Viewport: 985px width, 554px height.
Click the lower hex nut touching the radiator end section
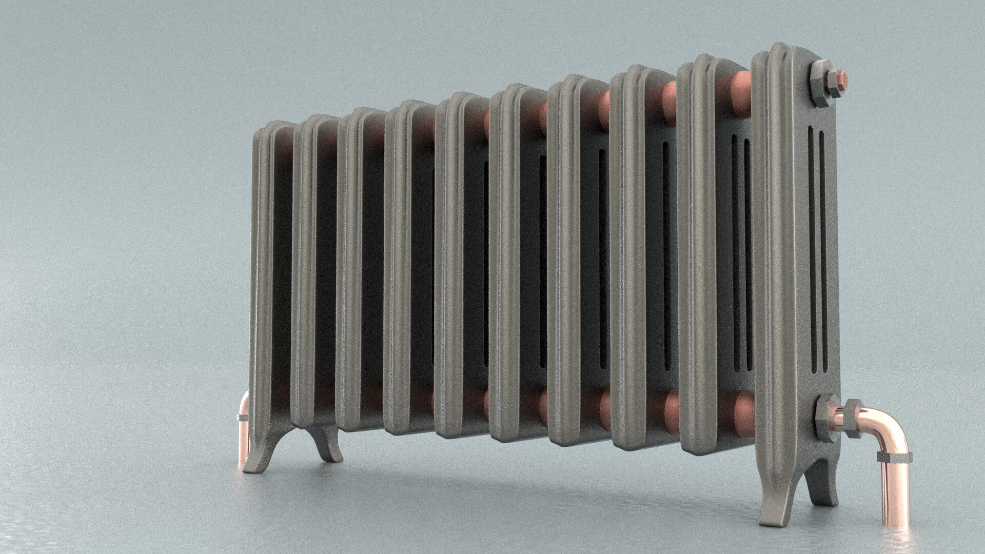[824, 418]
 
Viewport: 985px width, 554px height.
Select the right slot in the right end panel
[823, 251]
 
